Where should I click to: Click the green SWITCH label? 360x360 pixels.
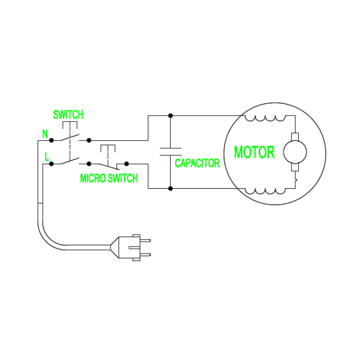(x=68, y=114)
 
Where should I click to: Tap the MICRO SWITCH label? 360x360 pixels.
(x=109, y=178)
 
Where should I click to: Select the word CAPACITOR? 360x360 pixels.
(x=197, y=163)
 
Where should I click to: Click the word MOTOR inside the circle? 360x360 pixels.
(x=254, y=152)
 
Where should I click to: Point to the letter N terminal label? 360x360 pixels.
(x=44, y=134)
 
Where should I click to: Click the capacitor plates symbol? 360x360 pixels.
(x=170, y=151)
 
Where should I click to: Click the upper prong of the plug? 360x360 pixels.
(x=146, y=240)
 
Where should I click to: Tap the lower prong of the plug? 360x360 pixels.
(x=146, y=254)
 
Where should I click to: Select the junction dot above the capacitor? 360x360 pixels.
(x=170, y=115)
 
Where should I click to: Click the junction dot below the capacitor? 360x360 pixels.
(x=170, y=189)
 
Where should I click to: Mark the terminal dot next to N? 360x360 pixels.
(x=51, y=140)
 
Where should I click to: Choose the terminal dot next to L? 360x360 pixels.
(x=51, y=164)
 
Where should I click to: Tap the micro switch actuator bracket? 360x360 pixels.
(x=107, y=148)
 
